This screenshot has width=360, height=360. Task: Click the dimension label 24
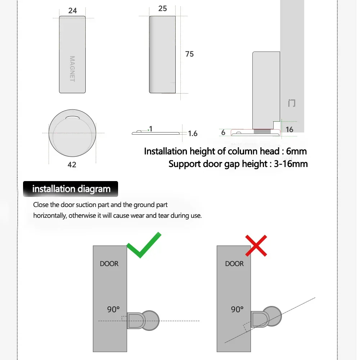[x=72, y=11]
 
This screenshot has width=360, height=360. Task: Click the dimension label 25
[x=162, y=8]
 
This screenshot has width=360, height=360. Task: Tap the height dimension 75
[x=189, y=54]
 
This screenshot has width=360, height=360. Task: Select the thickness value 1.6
[x=193, y=134]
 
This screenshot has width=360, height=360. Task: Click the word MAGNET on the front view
[x=72, y=69]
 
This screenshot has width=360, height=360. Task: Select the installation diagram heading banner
[x=71, y=189]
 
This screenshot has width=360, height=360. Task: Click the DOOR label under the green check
[x=109, y=264]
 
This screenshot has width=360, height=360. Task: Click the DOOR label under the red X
[x=234, y=264]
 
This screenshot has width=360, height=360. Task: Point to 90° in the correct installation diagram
[x=113, y=309]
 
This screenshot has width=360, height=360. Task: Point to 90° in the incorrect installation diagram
[x=237, y=309]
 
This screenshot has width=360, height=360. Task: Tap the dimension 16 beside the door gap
[x=289, y=129]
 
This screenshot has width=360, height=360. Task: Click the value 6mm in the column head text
[x=297, y=151]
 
